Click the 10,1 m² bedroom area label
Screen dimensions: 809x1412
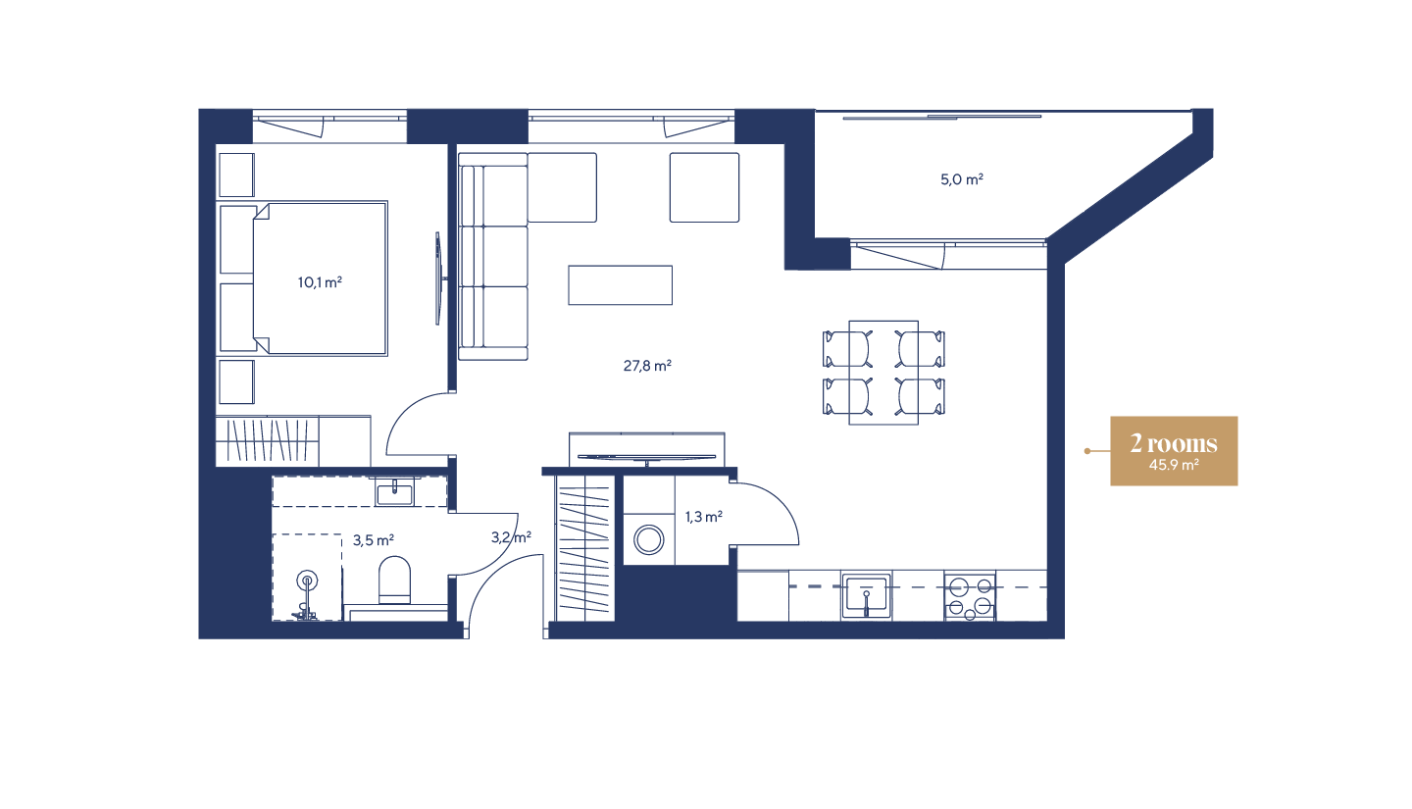[320, 282]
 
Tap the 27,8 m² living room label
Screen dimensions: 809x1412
[647, 366]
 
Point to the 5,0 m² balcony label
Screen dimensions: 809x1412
[962, 179]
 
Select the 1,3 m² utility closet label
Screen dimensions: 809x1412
[704, 516]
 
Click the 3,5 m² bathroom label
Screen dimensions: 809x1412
[373, 539]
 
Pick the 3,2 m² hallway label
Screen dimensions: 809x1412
[511, 536]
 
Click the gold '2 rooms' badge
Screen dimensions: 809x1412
[1174, 444]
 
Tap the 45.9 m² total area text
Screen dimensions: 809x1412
[1174, 466]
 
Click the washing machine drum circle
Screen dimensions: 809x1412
[648, 539]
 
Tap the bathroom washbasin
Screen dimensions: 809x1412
[395, 490]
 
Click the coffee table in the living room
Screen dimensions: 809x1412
[620, 285]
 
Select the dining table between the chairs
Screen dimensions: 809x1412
[883, 372]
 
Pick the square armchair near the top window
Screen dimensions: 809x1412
[704, 186]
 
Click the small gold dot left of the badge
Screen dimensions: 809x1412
[1086, 451]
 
